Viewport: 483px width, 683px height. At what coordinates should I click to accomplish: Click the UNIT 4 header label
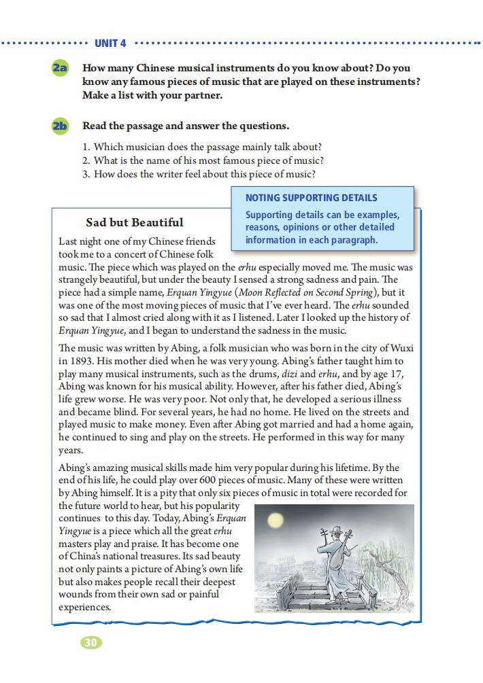[x=110, y=43]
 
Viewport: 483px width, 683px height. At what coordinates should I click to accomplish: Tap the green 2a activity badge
[x=60, y=69]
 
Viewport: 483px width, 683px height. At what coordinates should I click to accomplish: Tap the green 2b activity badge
[x=60, y=126]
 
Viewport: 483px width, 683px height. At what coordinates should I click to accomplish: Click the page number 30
[x=91, y=642]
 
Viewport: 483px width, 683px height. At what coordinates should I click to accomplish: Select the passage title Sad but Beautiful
[x=134, y=222]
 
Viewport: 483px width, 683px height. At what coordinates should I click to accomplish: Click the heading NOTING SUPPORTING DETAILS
[x=311, y=198]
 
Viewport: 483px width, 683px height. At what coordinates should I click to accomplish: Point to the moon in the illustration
[x=275, y=521]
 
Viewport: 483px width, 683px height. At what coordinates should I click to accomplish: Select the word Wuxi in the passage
[x=400, y=349]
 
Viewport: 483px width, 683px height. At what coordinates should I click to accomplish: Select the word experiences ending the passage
[x=84, y=607]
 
